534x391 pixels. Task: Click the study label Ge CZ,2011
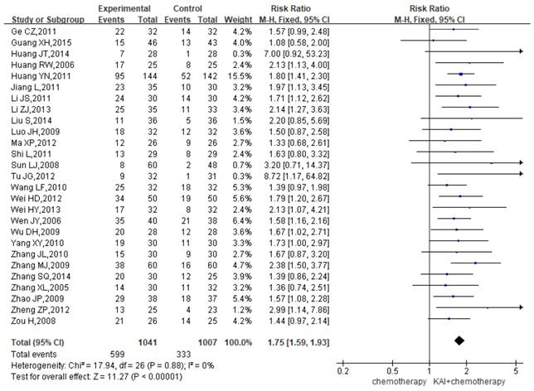click(29, 31)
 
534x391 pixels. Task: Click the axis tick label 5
click(515, 369)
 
